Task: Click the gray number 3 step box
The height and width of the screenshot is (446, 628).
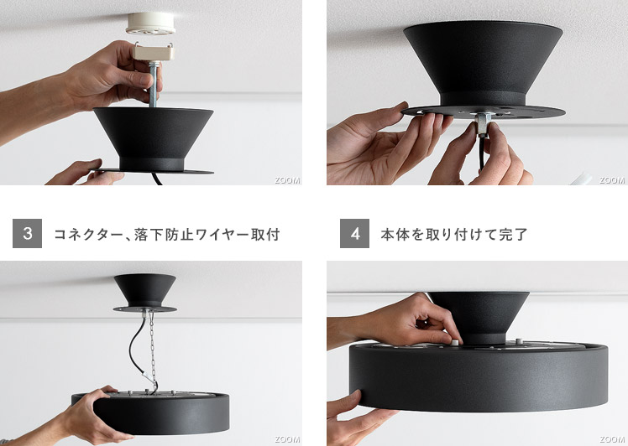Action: click(x=27, y=233)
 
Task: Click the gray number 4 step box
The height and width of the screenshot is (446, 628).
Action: click(x=354, y=233)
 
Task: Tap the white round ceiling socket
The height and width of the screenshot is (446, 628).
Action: click(x=150, y=23)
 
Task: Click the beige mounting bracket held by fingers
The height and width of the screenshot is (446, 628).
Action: click(x=154, y=53)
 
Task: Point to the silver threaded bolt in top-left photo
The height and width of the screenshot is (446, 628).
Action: click(x=153, y=84)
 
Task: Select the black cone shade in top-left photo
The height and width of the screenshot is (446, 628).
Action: click(x=154, y=139)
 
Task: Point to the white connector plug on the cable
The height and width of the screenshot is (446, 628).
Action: click(x=149, y=375)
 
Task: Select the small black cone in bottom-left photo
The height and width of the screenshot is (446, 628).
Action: click(x=145, y=291)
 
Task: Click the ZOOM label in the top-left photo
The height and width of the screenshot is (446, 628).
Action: click(x=287, y=180)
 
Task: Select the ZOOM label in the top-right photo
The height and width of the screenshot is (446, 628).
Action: click(x=612, y=180)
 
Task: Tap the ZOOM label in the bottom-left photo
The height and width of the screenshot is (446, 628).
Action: click(x=287, y=439)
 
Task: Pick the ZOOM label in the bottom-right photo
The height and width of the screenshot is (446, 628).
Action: click(x=612, y=439)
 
